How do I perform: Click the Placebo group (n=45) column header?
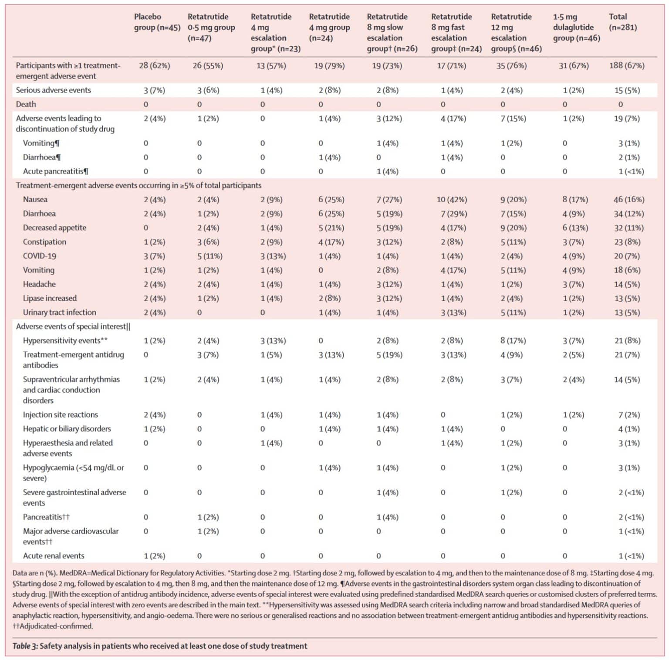pos(157,22)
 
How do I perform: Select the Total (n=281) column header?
pos(622,22)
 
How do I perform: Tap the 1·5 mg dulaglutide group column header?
pos(576,27)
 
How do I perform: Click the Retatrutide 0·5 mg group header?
pos(211,27)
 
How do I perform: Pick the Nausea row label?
pos(35,200)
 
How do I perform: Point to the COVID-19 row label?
pos(40,256)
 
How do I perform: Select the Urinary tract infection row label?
pos(59,313)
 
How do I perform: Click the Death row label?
pos(26,105)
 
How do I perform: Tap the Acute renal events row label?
pos(54,556)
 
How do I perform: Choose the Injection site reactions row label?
pos(60,415)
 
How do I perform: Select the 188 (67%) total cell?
pos(627,66)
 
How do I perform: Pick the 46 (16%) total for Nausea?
pos(628,200)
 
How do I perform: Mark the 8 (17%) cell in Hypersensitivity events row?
pos(513,341)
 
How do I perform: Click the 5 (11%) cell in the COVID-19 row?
pos(209,256)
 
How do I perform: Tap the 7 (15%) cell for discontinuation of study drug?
pos(513,119)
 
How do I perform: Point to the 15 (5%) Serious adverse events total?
pos(627,91)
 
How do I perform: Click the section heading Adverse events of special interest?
pos(73,327)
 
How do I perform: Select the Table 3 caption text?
pos(159,646)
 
